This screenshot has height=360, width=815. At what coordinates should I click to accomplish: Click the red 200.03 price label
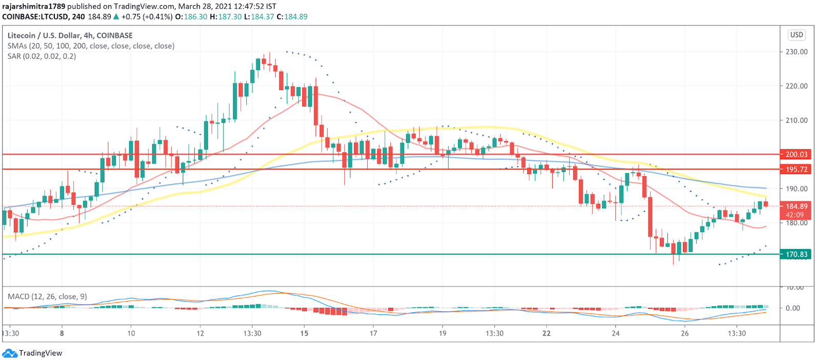[796, 154]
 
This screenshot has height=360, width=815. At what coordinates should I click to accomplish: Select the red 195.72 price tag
[796, 169]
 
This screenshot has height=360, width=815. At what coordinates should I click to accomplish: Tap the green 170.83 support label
[796, 254]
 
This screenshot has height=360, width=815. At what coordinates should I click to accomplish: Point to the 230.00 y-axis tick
[797, 52]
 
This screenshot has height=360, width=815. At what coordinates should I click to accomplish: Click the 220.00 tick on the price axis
[797, 86]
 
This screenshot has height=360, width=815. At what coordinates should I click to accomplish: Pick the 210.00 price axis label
[797, 120]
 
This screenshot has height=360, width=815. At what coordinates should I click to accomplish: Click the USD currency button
[797, 35]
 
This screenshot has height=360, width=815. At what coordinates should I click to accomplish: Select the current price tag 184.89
[796, 206]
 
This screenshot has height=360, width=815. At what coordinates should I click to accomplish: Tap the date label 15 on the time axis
[304, 333]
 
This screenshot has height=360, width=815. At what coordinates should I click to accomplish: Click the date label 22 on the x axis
[547, 333]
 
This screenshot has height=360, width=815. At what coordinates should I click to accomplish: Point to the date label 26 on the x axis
[685, 333]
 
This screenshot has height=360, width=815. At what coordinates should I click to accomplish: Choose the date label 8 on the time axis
[62, 333]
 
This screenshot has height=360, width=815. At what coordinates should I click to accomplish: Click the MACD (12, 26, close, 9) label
[47, 297]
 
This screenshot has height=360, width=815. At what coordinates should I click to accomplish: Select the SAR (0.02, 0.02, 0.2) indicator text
[41, 56]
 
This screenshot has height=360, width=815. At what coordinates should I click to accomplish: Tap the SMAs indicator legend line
[91, 46]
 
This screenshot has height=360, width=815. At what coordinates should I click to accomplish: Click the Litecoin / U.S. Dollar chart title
[70, 35]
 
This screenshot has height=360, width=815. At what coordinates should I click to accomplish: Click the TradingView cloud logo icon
[10, 353]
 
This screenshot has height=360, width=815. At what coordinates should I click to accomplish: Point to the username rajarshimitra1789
[34, 6]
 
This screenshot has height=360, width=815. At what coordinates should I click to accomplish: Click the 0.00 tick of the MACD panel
[792, 308]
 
